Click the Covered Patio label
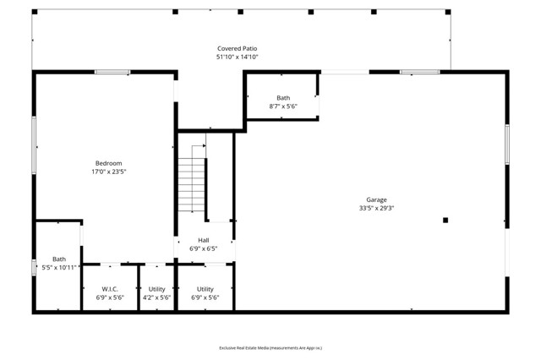click(x=237, y=49)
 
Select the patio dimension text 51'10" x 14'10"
click(x=237, y=57)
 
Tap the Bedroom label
click(x=108, y=163)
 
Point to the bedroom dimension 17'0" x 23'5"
click(x=108, y=172)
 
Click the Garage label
click(x=376, y=199)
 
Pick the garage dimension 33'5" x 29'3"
click(x=376, y=208)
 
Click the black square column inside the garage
click(x=445, y=221)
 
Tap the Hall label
click(x=204, y=240)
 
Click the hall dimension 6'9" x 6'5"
click(x=204, y=248)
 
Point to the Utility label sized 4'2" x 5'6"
click(x=157, y=289)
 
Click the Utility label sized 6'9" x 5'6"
click(x=205, y=289)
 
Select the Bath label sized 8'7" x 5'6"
click(x=283, y=98)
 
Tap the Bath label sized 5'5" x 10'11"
click(x=59, y=259)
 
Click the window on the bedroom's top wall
click(x=112, y=72)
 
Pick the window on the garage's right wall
click(x=507, y=145)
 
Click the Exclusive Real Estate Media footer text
click(x=270, y=347)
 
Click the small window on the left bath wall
click(x=34, y=268)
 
